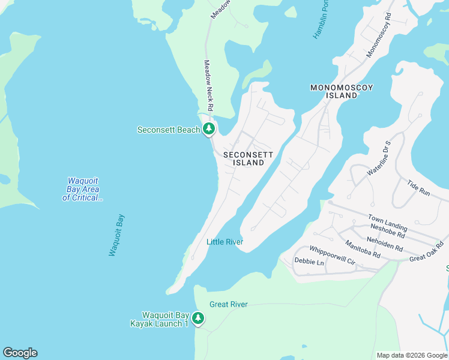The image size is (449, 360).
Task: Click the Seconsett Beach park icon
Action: point(208,129)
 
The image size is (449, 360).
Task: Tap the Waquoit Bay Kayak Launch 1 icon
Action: point(198,319)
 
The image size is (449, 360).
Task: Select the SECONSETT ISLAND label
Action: point(248,158)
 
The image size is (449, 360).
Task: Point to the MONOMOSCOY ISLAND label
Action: point(342,91)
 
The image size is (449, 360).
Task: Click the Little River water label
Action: point(224,242)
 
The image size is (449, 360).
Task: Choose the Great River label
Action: point(228,304)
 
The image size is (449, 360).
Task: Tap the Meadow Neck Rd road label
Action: point(209,85)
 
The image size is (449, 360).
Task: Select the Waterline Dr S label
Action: point(378,159)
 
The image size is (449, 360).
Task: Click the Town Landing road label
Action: point(387,223)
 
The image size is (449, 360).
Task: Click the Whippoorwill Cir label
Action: point(333,254)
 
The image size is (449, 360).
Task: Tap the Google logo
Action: point(20,353)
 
